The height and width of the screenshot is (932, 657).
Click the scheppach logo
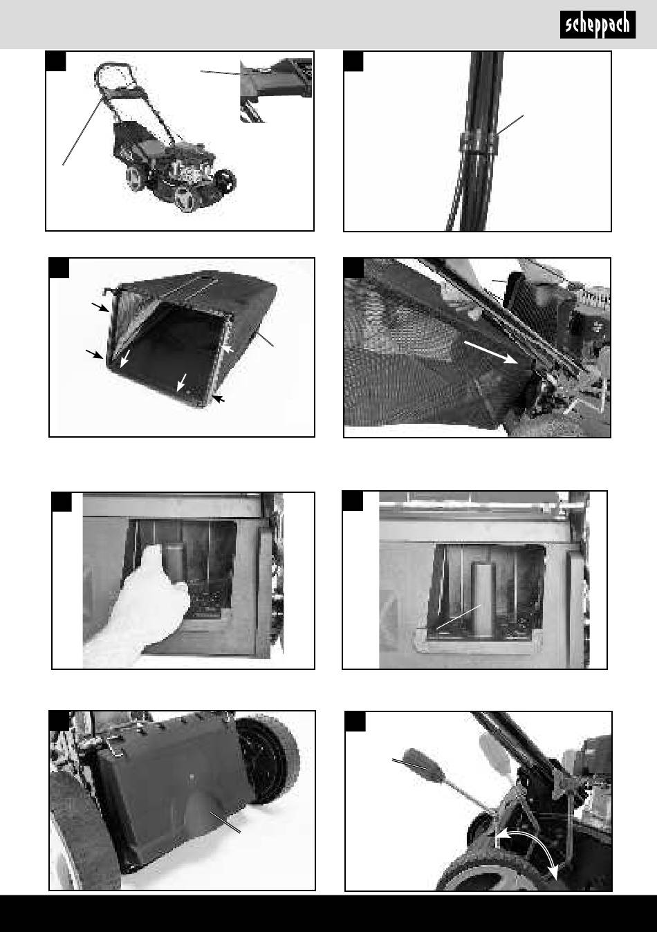coord(598,25)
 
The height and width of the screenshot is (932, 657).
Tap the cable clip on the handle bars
coord(478,142)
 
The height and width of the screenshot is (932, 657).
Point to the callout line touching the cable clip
coord(510,125)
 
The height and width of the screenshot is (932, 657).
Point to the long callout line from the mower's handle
coord(82,131)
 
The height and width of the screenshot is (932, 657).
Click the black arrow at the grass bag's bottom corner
coord(219,399)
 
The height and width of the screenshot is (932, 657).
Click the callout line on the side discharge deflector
coord(225,822)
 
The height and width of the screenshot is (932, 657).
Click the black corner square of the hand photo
coord(62,502)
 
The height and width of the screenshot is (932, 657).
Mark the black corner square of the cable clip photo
coord(353,62)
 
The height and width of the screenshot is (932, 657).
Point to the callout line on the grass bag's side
coord(262,337)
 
